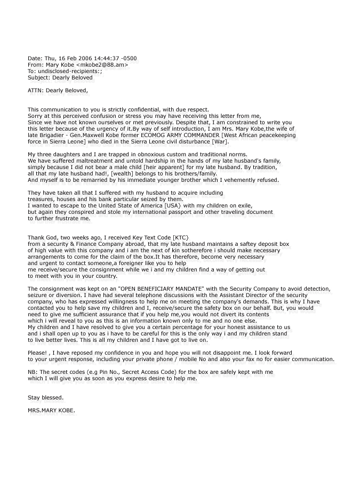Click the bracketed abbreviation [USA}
tap(141, 205)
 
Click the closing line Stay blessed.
tap(45, 397)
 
